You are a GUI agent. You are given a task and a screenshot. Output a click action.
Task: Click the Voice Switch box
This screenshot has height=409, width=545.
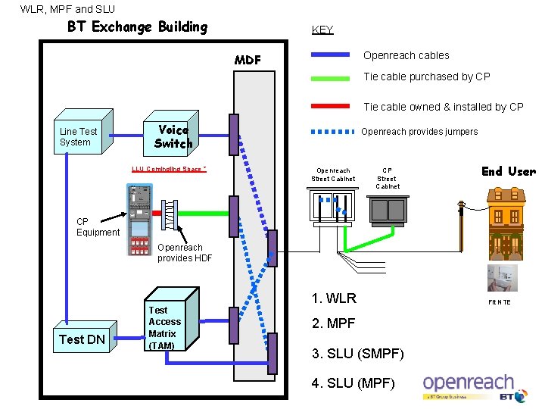(x=173, y=136)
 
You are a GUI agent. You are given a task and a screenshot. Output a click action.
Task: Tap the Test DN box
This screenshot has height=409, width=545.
(x=82, y=339)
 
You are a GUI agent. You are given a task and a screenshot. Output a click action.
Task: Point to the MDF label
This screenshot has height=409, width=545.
(x=248, y=60)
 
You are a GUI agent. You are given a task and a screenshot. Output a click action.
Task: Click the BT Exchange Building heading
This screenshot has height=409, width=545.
(x=137, y=27)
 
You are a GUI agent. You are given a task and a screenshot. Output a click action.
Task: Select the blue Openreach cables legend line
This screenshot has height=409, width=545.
(x=331, y=55)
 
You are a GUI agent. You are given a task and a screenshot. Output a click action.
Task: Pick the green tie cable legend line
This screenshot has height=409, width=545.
(x=331, y=76)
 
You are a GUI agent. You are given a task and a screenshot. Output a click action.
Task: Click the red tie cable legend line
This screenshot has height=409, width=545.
(x=331, y=107)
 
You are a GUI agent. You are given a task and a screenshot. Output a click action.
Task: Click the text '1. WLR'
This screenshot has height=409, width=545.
(x=334, y=298)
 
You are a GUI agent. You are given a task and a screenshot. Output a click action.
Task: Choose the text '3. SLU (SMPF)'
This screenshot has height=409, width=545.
(x=358, y=354)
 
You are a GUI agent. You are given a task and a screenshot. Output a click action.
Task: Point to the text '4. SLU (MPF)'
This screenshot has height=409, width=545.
(x=353, y=383)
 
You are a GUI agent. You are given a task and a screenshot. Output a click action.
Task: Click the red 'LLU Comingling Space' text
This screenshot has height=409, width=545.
(x=169, y=169)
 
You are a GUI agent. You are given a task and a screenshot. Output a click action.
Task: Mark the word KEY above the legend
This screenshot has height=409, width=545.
(x=322, y=30)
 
